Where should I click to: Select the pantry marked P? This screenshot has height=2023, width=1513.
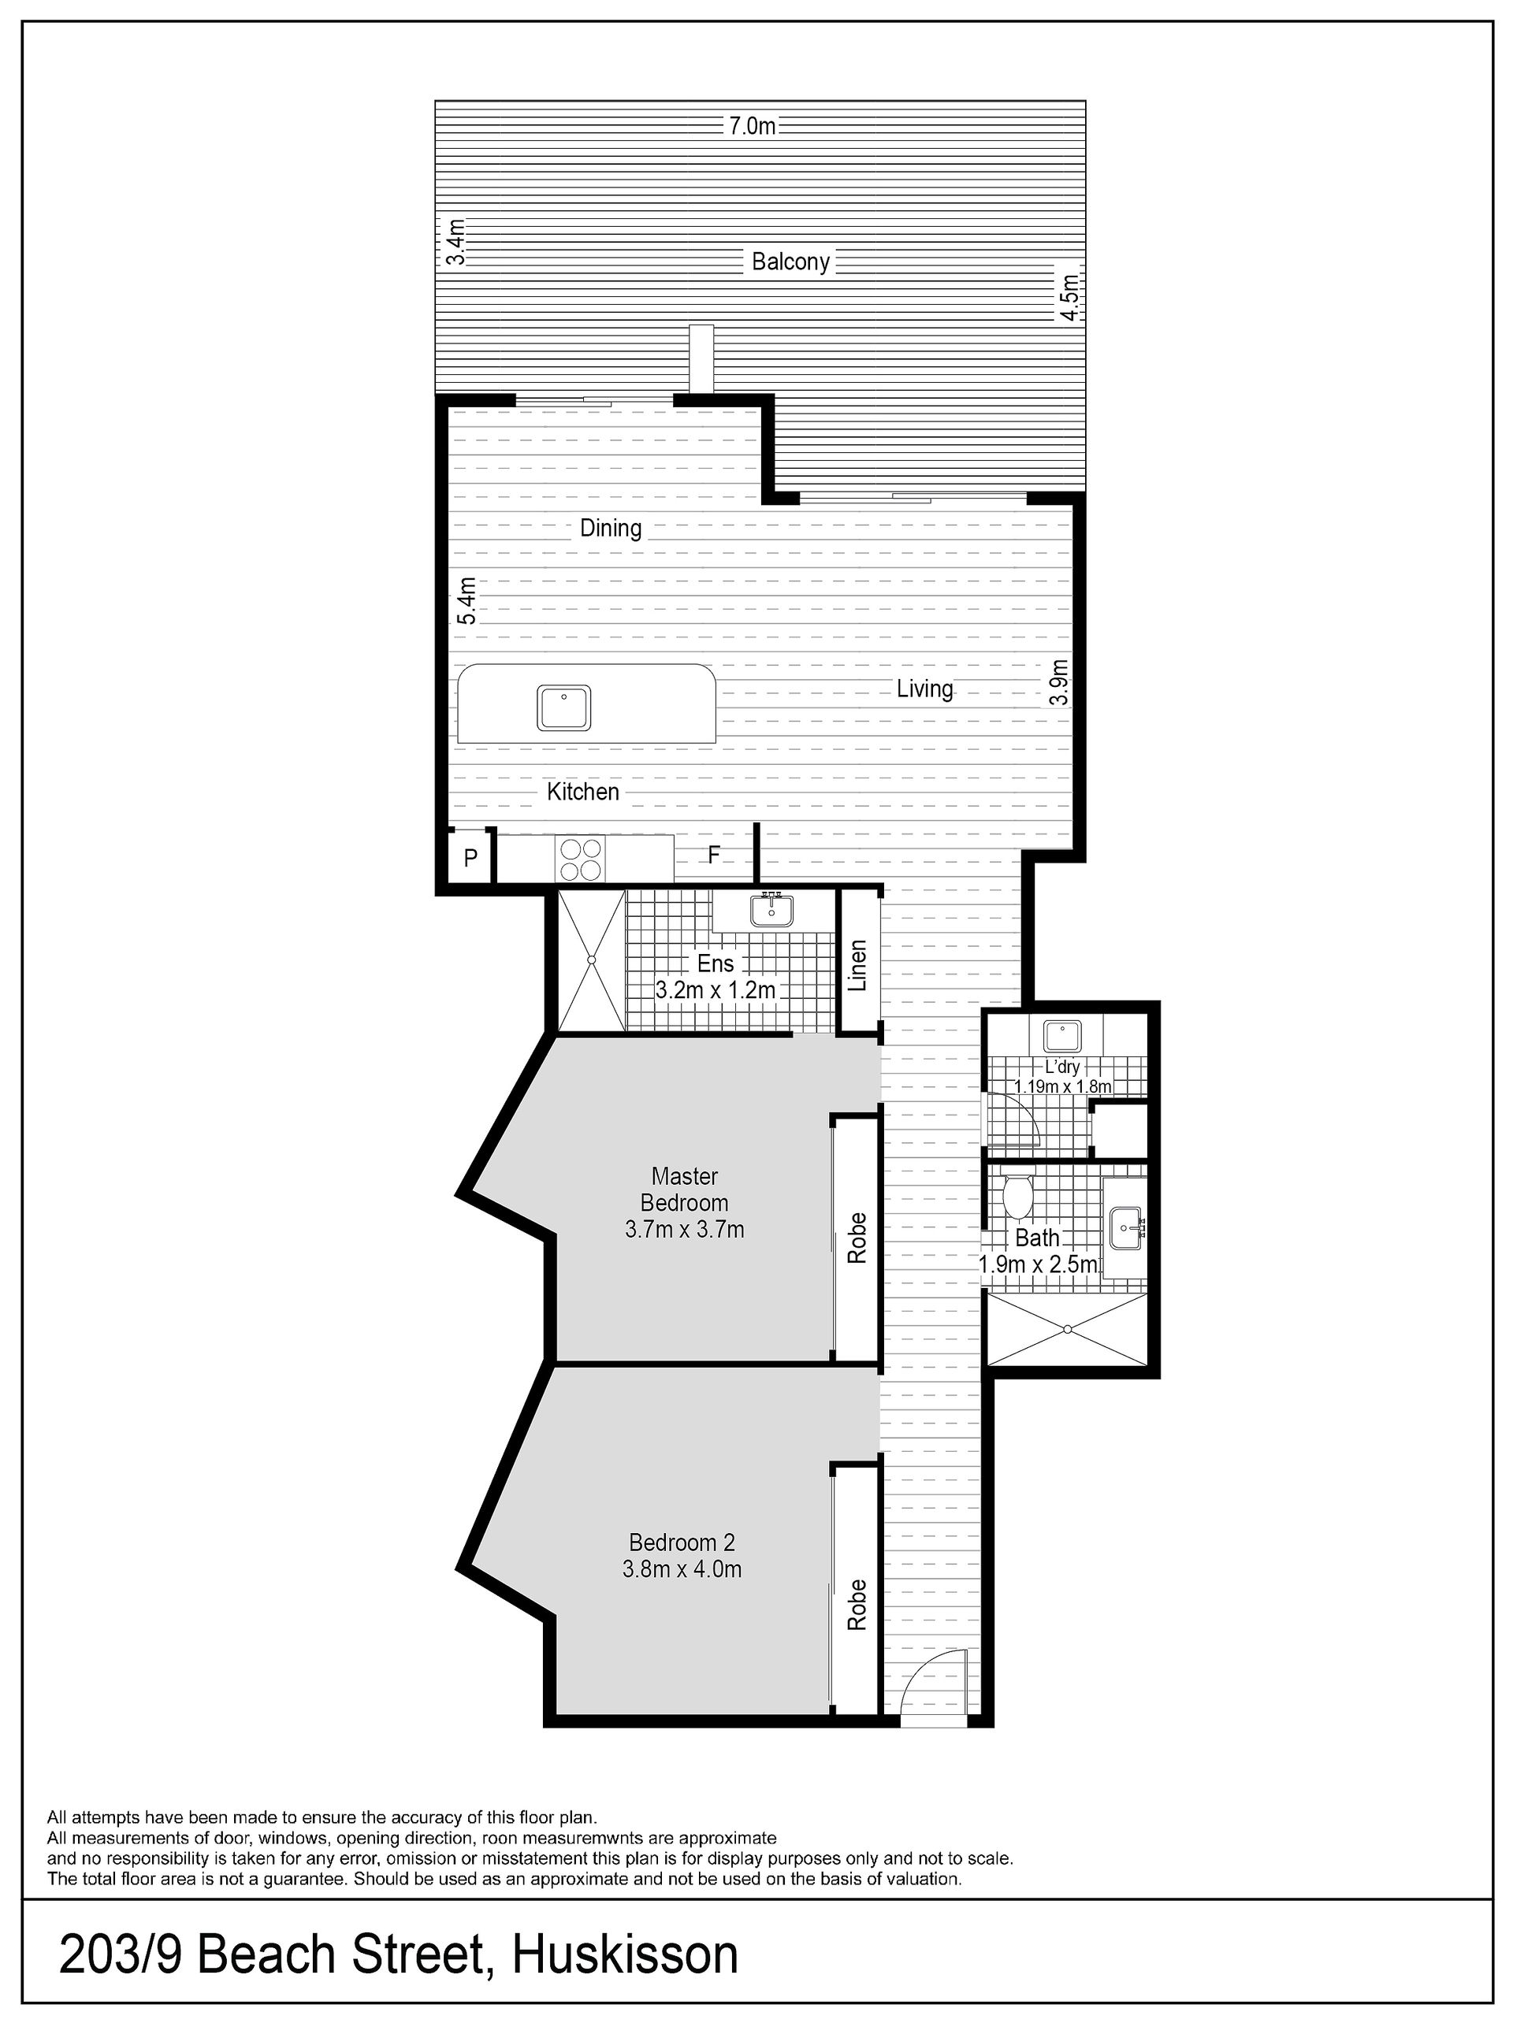pos(470,857)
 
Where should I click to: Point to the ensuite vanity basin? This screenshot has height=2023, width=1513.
pos(772,910)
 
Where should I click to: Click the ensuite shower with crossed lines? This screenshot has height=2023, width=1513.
pos(591,960)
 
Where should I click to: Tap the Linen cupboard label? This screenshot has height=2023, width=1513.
pos(857,966)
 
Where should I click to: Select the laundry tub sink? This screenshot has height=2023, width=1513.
pos(1062,1036)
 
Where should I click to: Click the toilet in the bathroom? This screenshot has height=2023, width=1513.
pos(1017,1193)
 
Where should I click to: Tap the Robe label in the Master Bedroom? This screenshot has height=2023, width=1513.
pos(857,1238)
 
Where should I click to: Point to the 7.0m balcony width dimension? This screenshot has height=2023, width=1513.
pos(751,126)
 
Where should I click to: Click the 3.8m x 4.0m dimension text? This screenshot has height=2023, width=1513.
pos(682,1568)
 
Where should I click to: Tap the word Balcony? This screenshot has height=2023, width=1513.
pos(790,262)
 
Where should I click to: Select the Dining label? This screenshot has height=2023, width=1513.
pos(611,528)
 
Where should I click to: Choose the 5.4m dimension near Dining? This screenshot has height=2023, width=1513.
pos(467,600)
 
